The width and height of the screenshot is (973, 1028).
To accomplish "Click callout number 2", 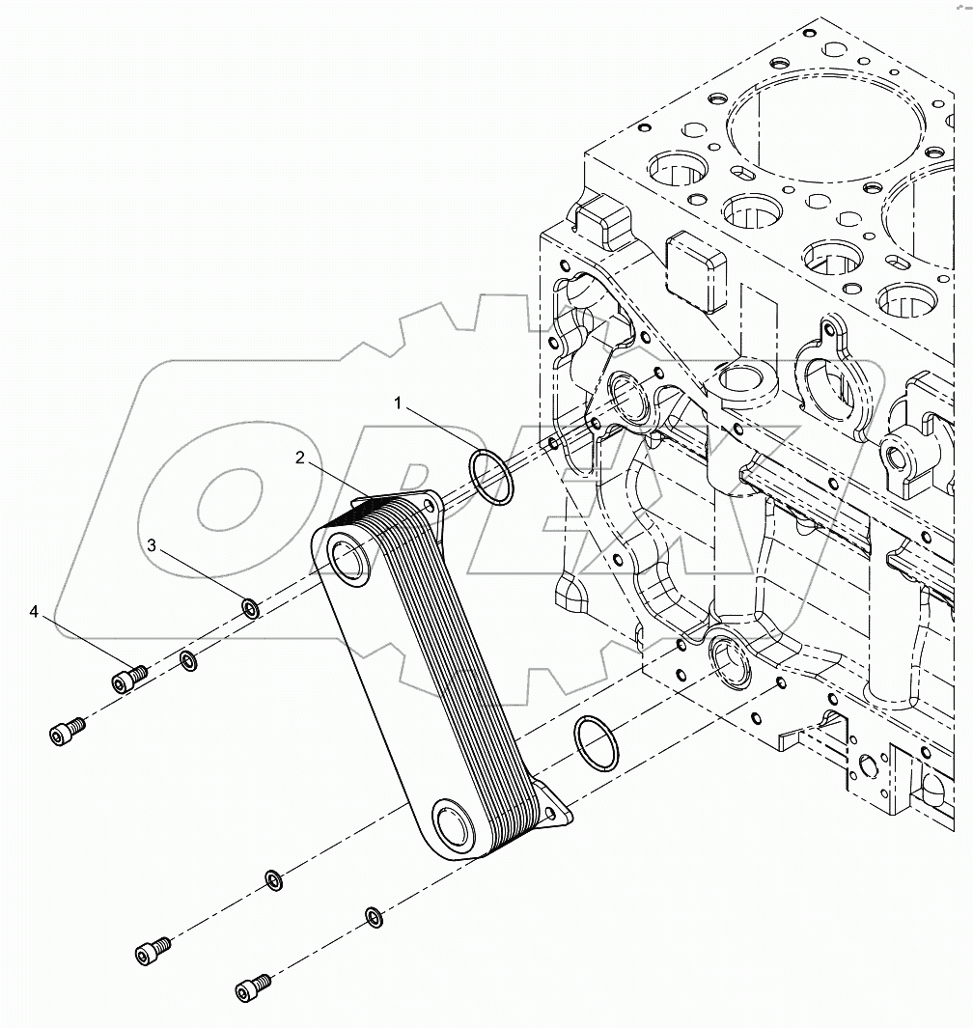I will [301, 459].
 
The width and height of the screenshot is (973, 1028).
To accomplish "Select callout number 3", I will [152, 545].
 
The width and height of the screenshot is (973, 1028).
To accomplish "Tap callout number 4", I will [35, 612].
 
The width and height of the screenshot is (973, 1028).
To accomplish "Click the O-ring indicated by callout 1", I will [491, 478].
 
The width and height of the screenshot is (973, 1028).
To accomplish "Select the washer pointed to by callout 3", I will [249, 608].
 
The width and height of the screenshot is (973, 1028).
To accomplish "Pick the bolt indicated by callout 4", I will [126, 679].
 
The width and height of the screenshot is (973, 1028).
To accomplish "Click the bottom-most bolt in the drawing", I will [250, 988].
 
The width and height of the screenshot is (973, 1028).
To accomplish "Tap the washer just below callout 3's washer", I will [188, 661].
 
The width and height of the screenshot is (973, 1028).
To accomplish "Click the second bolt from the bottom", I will [152, 950].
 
